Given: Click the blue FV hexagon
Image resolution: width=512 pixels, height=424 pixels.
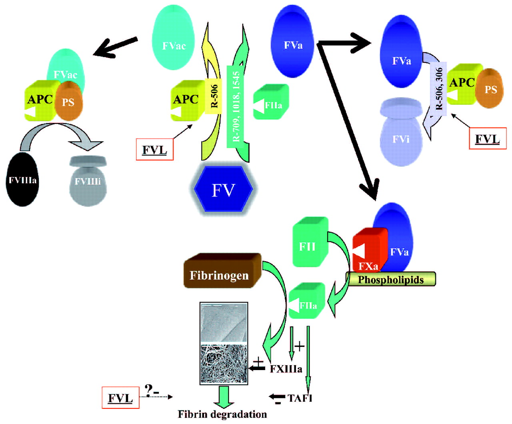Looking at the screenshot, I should coord(223,189).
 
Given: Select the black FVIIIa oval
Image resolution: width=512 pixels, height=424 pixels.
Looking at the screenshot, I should coord(23,180).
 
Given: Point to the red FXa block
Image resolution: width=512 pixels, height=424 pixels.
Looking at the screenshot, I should coord(369,250).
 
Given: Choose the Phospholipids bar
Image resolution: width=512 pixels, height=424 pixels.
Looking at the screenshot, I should coord(391,279).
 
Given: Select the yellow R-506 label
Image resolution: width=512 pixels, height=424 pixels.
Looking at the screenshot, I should coord(214,96).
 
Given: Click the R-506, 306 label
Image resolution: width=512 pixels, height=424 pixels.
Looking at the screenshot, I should coord(439,89).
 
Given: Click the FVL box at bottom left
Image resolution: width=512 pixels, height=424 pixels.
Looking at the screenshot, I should coord(120,398).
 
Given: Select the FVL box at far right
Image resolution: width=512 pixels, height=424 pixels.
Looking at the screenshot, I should coord(487,139).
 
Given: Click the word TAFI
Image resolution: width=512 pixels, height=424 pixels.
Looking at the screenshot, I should coord(300,398).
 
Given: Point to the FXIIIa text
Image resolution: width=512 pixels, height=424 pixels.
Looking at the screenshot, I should coord(286,368).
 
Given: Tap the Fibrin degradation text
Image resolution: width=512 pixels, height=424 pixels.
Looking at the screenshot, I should coord(222,414).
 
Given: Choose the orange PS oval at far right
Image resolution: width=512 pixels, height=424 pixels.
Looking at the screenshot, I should coord(490,89).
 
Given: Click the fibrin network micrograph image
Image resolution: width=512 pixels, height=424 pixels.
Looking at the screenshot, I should coord(224,343).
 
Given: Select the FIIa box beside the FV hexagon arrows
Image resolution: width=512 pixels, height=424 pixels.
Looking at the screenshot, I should coord(271,102).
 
